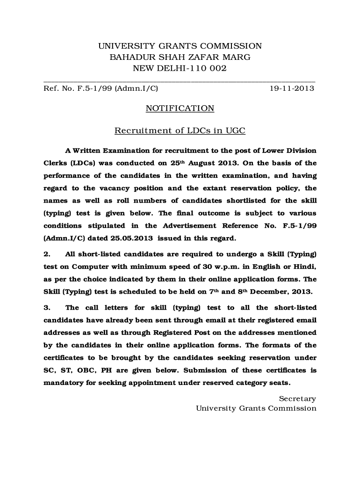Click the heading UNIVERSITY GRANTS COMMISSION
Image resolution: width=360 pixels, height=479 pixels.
(x=180, y=46)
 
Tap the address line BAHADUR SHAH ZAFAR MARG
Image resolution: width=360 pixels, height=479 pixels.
(x=180, y=58)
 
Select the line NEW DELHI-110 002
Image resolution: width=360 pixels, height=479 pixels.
(x=180, y=69)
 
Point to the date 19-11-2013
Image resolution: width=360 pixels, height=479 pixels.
(x=292, y=88)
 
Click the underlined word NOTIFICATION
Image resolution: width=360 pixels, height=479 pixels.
(x=180, y=109)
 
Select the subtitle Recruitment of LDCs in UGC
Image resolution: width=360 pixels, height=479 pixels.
(x=180, y=131)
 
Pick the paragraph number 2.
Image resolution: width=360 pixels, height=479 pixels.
(x=47, y=254)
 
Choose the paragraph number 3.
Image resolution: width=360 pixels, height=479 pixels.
(x=47, y=308)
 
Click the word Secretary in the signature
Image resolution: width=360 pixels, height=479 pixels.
(x=297, y=399)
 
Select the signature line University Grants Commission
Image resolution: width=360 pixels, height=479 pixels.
(x=256, y=408)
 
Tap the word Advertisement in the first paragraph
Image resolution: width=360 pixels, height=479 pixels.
(x=190, y=225)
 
